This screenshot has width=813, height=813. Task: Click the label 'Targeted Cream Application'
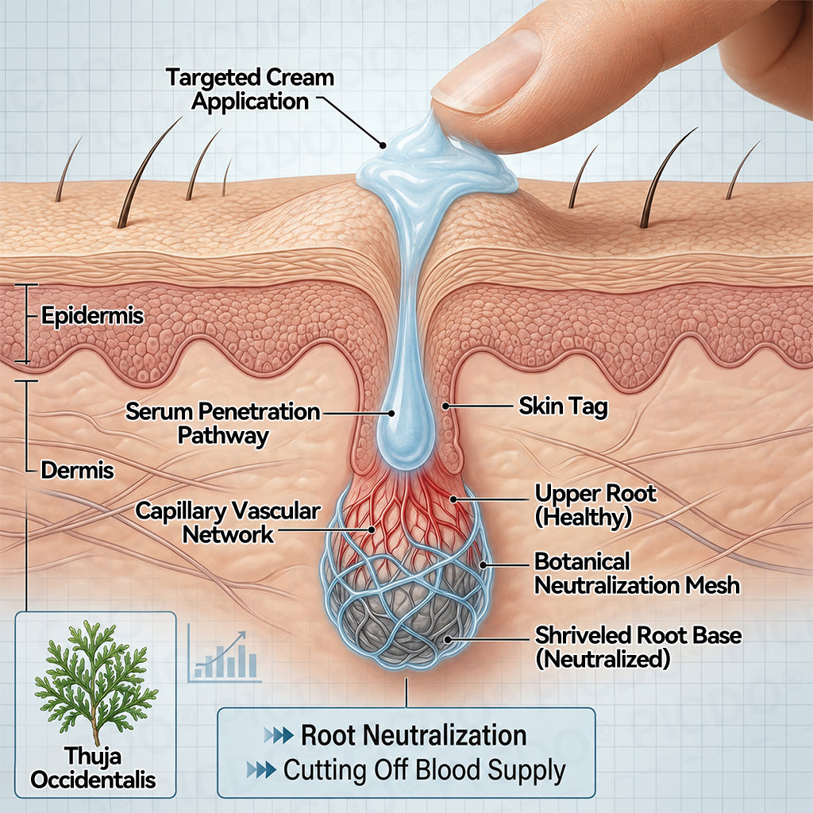[250, 89]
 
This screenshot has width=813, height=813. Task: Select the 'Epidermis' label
[92, 315]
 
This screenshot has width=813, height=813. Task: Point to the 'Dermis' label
[77, 470]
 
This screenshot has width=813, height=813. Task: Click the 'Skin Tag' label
[563, 406]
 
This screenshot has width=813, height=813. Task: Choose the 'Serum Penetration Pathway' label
[223, 423]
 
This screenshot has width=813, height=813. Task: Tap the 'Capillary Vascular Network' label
[228, 522]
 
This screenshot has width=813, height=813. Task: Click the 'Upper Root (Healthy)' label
[595, 506]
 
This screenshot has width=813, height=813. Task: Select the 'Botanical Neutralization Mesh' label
[637, 573]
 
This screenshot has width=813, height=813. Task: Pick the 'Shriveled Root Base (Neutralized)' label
[638, 647]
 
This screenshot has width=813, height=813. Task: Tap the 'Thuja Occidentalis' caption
[94, 768]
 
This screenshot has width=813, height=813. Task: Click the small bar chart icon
[224, 653]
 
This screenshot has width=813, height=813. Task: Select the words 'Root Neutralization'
[414, 735]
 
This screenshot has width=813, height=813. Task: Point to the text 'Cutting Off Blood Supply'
[424, 770]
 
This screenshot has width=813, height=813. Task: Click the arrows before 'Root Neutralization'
[279, 735]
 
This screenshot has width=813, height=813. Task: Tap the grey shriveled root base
[404, 617]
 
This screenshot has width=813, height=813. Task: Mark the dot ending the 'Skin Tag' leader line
[445, 406]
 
